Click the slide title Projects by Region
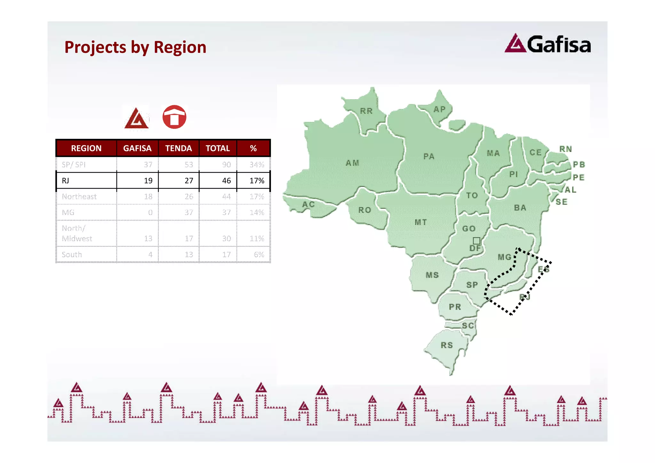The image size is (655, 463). [135, 47]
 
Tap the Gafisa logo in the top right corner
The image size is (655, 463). [548, 44]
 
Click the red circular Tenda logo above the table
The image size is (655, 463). [174, 117]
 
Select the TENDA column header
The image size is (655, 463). [178, 148]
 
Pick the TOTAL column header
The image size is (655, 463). [217, 148]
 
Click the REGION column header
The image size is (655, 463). [86, 148]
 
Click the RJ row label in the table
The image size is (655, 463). [66, 181]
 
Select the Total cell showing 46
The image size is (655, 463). [226, 181]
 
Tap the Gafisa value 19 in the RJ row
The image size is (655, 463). [148, 181]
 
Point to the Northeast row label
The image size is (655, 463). [79, 196]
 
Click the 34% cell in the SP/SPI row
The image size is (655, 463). [257, 165]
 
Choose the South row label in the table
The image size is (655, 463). [72, 255]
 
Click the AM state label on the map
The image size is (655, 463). [352, 163]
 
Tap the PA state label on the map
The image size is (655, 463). [429, 156]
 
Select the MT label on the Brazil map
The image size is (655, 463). [421, 222]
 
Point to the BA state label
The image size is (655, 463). [520, 208]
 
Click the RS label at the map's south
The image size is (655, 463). [447, 345]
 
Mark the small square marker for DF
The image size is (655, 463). [477, 241]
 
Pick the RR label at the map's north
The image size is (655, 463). [366, 111]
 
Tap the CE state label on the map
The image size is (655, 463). [535, 153]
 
